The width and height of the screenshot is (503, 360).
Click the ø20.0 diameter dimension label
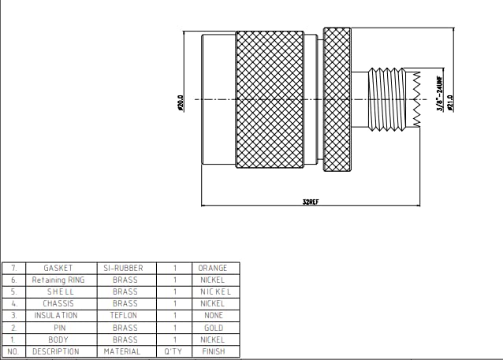pos(181,103)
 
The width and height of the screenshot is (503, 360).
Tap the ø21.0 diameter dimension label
pos(450,103)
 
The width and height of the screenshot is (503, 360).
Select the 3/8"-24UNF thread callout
pos(440,94)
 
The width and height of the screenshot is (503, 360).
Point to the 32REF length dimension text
pos(311,202)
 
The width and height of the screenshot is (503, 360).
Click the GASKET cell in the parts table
pos(58,268)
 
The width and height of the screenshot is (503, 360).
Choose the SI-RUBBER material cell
pos(123,268)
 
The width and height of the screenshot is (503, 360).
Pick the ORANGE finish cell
pos(213,268)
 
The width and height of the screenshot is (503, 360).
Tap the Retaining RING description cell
pos(58,280)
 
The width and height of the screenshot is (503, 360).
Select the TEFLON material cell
pos(124,315)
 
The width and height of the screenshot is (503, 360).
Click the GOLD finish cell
pos(214,328)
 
